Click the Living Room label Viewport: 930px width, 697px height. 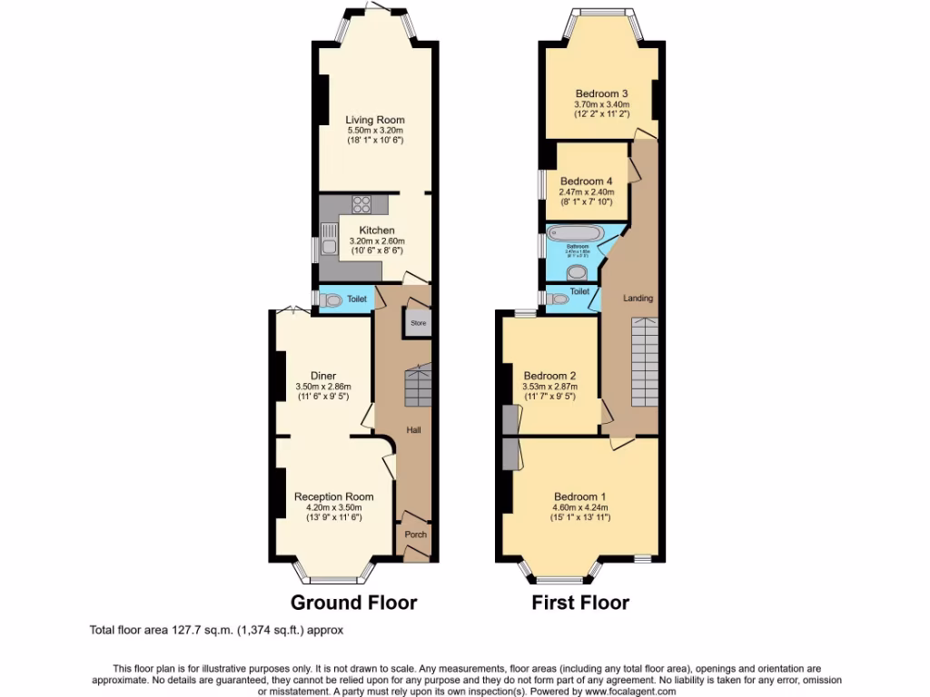(x=374, y=120)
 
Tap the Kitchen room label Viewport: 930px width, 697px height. (x=376, y=231)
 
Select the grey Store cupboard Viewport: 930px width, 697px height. (x=418, y=323)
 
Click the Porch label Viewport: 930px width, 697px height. (x=415, y=535)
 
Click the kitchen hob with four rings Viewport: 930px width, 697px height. (x=361, y=204)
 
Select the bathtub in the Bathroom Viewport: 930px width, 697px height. (x=576, y=233)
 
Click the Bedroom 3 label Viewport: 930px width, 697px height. (x=601, y=93)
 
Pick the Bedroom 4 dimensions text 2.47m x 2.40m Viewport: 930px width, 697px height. (x=587, y=191)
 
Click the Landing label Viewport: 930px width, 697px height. (x=638, y=298)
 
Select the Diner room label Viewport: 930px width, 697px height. (x=323, y=376)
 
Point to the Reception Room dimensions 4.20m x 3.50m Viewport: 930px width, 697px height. (x=333, y=507)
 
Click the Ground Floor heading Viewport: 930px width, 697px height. (x=353, y=602)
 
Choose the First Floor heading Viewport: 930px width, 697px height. (x=580, y=602)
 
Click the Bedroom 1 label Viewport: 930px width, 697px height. (x=579, y=496)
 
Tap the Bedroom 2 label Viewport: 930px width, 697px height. (x=549, y=376)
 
